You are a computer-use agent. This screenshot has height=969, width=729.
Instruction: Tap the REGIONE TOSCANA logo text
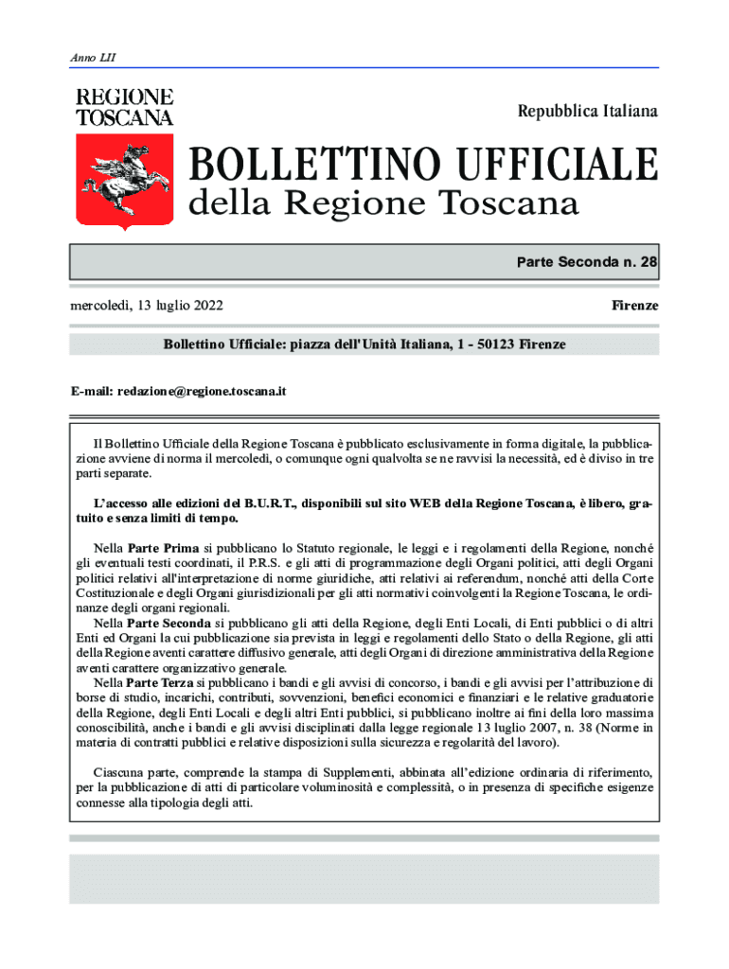click(124, 107)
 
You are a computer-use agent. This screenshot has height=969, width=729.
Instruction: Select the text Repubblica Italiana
click(587, 112)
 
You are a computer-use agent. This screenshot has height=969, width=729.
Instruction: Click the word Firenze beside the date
click(634, 306)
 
